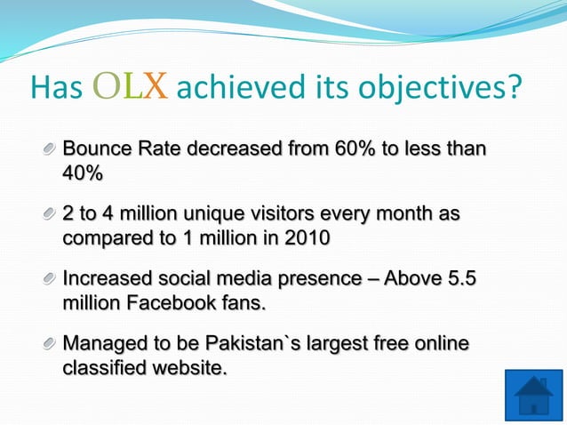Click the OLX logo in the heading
pos(132,87)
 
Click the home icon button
pos(533,396)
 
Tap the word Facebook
pos(172,303)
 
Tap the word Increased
pos(105,279)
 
